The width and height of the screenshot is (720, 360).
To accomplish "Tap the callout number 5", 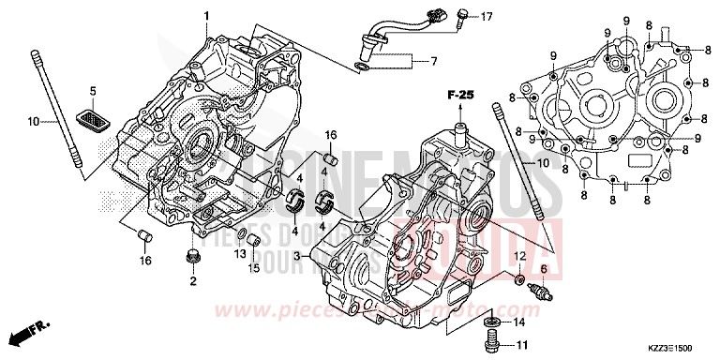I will [93, 90].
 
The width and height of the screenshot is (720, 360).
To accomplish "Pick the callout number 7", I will [434, 62].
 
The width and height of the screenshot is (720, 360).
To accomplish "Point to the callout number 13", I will [240, 253].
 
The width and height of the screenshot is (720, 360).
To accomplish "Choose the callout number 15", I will [252, 268].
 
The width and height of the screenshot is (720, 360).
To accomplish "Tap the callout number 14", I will [521, 322].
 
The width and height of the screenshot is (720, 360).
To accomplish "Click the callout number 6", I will [543, 269].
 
